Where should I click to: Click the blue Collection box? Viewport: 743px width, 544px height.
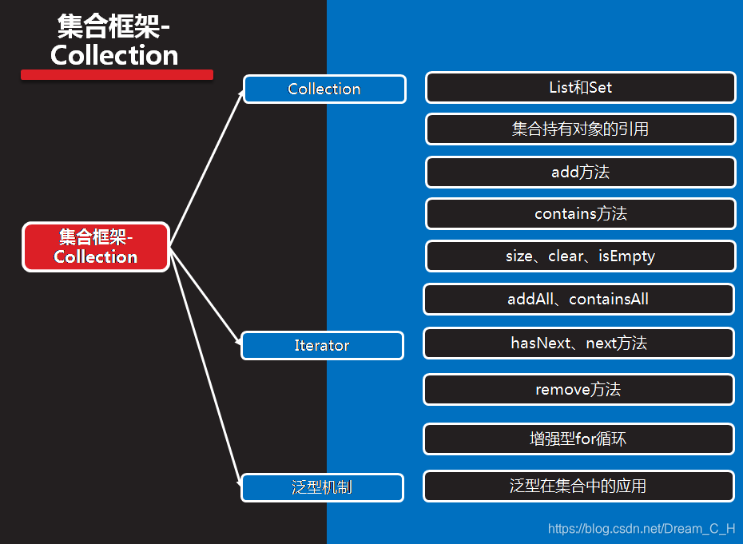click(324, 89)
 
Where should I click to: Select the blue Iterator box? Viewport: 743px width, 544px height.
click(322, 346)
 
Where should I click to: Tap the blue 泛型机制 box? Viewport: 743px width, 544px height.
click(322, 487)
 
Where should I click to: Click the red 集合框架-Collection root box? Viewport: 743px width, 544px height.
click(96, 247)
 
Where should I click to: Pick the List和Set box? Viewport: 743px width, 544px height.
click(580, 88)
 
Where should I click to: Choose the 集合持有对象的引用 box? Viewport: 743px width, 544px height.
click(580, 129)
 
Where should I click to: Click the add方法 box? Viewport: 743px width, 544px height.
click(580, 172)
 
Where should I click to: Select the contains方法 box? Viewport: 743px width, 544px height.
click(580, 214)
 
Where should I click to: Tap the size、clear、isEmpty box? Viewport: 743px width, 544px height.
click(580, 256)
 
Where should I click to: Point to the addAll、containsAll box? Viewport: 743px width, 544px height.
click(578, 299)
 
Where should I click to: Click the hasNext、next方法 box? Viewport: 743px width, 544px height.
click(578, 343)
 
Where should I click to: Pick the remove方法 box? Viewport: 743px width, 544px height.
click(578, 390)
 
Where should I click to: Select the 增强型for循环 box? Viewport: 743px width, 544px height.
click(578, 439)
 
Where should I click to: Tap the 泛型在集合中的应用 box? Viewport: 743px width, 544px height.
click(578, 486)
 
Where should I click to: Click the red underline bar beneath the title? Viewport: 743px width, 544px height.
click(117, 74)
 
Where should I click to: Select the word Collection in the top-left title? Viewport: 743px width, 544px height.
click(114, 55)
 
